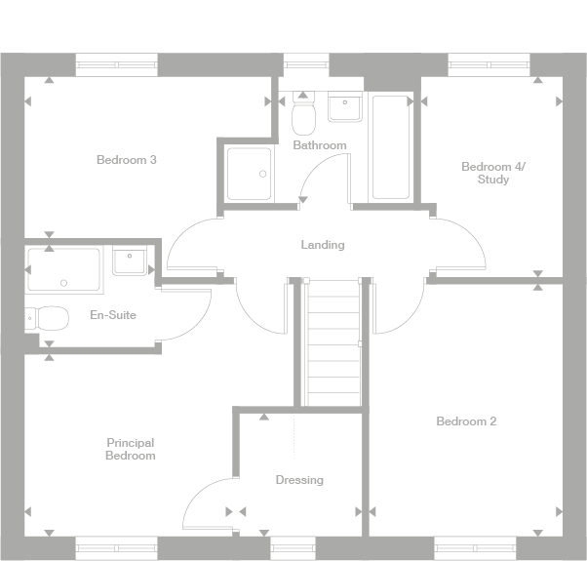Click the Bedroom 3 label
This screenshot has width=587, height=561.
point(127,160)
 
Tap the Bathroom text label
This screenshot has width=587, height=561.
point(320,145)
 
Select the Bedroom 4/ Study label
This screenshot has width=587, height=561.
point(492,173)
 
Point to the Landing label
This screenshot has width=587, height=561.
point(322,245)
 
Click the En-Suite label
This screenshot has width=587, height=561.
point(113,315)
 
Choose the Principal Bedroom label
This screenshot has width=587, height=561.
point(131,449)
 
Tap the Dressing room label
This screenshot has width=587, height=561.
point(299,480)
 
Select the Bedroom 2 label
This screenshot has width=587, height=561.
point(466,421)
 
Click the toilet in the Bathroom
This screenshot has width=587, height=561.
point(303,115)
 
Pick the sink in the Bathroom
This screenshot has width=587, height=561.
point(345,107)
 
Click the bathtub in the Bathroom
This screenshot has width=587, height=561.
point(391,146)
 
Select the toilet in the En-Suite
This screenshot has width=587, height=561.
point(49,318)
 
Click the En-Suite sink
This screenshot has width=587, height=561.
point(130,262)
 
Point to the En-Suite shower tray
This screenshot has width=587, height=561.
point(63,270)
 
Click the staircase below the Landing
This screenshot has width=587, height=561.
point(333,341)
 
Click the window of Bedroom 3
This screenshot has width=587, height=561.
point(116,64)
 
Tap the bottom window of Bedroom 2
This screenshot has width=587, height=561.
point(475,547)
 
